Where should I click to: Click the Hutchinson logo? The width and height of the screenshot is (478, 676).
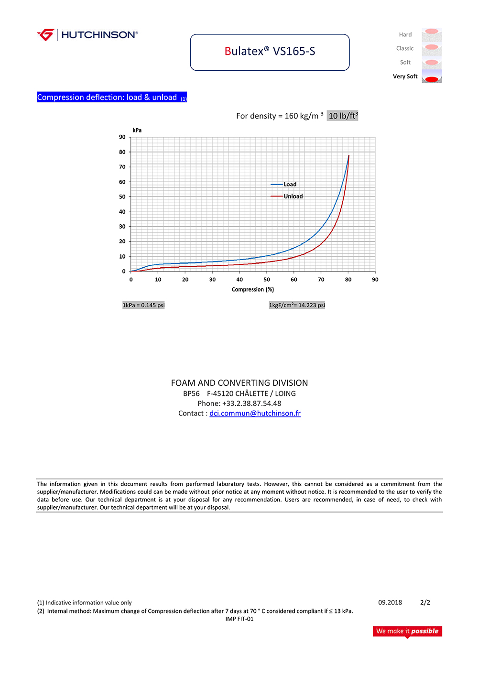point(87,35)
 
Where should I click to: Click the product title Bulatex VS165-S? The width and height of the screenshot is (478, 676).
point(270,52)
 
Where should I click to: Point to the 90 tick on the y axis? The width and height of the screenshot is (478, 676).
point(122,137)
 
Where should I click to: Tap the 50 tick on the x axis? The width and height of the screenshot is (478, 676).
point(267,280)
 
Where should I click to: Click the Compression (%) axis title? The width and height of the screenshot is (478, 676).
point(253,290)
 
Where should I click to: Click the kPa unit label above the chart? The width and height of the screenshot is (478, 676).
point(137,130)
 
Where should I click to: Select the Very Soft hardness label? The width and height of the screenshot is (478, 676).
point(405,76)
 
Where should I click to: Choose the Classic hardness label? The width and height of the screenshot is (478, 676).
point(405,49)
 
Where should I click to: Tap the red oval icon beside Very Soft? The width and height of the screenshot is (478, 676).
point(432,79)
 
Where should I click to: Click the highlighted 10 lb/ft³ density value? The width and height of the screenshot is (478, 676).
point(343,116)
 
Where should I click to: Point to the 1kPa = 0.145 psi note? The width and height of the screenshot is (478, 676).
point(143,305)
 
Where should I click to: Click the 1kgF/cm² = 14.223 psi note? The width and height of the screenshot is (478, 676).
point(297,305)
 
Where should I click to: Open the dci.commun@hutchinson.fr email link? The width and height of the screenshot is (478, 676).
point(255,414)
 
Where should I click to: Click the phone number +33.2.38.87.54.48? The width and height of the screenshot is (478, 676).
point(251,403)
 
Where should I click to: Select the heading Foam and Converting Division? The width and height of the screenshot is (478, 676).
point(239,383)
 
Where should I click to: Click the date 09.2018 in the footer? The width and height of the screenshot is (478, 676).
point(390,603)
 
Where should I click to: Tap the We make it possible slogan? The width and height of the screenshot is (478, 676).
point(407,631)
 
